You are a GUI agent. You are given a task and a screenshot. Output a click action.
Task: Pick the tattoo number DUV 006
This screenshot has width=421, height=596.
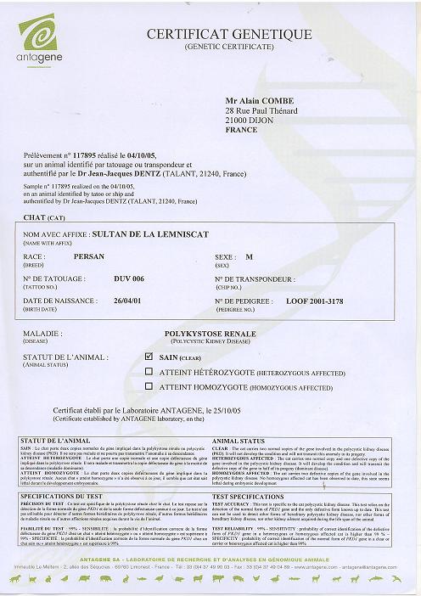tap(129, 278)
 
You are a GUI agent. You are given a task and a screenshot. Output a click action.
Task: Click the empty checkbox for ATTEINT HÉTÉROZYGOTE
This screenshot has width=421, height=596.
tap(150, 370)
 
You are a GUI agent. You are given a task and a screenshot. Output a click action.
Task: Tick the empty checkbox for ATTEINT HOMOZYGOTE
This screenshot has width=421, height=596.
tap(150, 385)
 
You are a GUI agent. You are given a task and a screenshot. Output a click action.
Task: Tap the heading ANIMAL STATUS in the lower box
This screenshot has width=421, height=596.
tap(235, 441)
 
